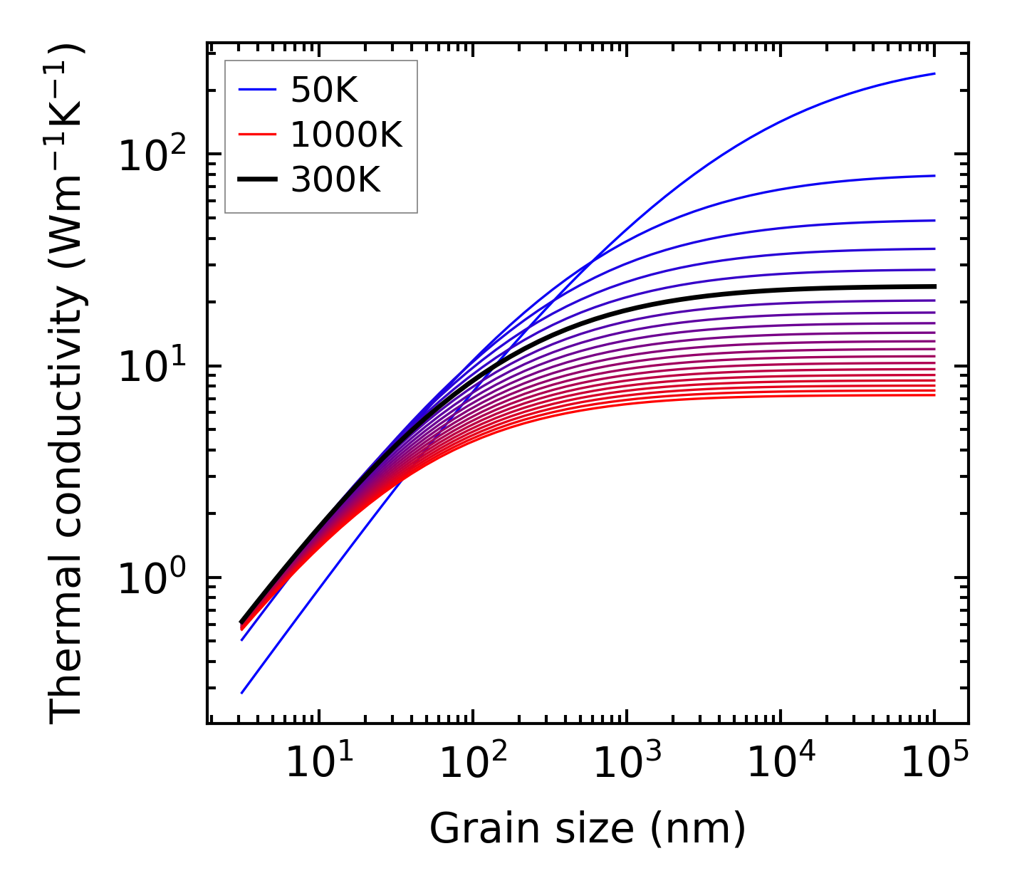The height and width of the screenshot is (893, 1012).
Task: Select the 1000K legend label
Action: [x=346, y=135]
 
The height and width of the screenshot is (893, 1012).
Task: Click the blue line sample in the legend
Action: [x=256, y=90]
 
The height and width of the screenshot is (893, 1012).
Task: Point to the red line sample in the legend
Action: [x=256, y=135]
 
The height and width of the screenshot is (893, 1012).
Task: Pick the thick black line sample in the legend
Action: [x=256, y=180]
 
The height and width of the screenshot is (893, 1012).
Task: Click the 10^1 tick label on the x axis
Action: [x=318, y=764]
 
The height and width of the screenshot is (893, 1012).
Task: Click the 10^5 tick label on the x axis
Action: [x=934, y=764]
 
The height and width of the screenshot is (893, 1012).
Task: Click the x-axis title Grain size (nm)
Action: [x=588, y=829]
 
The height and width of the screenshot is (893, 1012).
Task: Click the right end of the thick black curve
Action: [x=934, y=286]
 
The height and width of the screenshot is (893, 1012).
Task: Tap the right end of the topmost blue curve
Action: [x=934, y=73]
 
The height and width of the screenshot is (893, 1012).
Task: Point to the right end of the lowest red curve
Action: [x=934, y=395]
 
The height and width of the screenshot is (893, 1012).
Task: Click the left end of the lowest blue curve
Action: [x=242, y=693]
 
